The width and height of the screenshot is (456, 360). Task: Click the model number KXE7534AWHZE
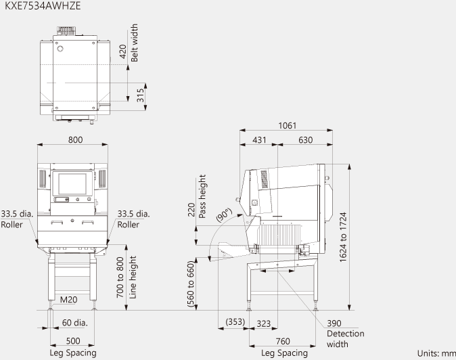click(43, 6)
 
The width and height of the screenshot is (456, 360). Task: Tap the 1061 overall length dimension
click(288, 125)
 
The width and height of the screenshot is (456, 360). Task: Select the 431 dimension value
click(259, 140)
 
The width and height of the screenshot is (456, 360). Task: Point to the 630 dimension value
click(305, 140)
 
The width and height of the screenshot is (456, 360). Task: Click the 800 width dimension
click(75, 139)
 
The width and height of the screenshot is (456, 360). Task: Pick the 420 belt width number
click(122, 51)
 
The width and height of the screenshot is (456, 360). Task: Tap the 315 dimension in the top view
click(140, 95)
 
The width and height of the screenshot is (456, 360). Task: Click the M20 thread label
click(68, 300)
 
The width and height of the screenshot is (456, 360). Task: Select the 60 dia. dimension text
click(74, 323)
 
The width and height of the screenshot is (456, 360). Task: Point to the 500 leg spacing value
click(73, 341)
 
